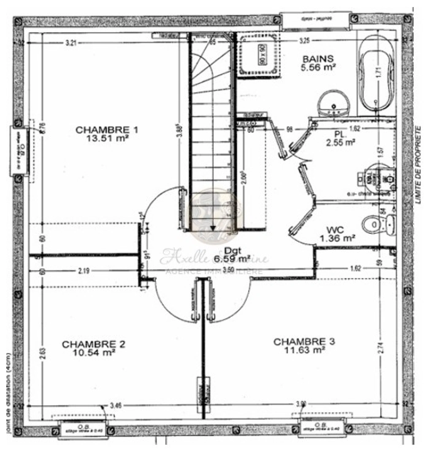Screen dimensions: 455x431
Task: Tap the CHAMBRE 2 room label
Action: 93,344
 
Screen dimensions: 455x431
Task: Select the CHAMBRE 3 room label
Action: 304,341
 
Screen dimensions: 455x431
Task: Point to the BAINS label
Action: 318,59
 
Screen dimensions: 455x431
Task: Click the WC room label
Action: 336,230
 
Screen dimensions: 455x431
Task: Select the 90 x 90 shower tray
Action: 259,56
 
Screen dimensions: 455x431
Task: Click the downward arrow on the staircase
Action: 213,227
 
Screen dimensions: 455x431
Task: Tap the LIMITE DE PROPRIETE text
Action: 419,164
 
